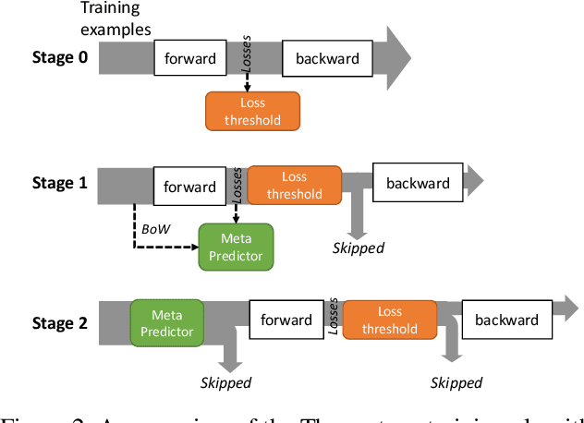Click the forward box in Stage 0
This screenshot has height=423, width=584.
pyautogui.click(x=190, y=59)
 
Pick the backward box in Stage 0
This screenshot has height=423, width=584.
pyautogui.click(x=327, y=59)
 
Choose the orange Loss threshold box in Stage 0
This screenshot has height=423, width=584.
pyautogui.click(x=252, y=110)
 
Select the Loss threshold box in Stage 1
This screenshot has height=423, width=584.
pyautogui.click(x=294, y=185)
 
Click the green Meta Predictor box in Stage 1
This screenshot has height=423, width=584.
pyautogui.click(x=237, y=247)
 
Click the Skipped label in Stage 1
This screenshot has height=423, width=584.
pyautogui.click(x=358, y=248)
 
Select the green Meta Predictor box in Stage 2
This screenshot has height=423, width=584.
pyautogui.click(x=167, y=322)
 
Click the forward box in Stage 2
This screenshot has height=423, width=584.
pyautogui.click(x=286, y=320)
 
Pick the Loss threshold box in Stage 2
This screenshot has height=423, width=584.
pyautogui.click(x=389, y=321)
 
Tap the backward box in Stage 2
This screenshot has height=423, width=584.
pyautogui.click(x=505, y=320)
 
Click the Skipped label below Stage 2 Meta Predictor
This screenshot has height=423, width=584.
pyautogui.click(x=225, y=382)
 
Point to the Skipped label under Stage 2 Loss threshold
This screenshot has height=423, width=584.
pyautogui.click(x=457, y=382)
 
